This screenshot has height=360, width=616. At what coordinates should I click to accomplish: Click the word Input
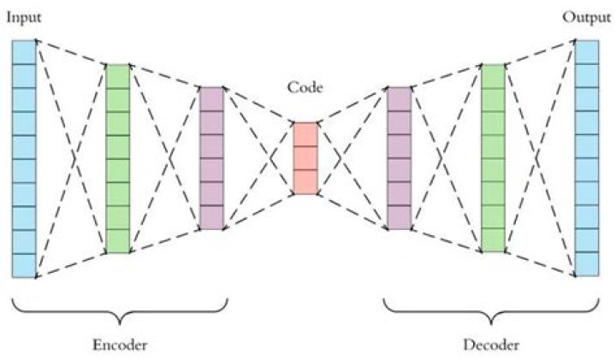(x=24, y=18)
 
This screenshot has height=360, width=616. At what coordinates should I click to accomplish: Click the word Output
(x=586, y=17)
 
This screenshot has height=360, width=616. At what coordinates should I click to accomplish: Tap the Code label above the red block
(x=305, y=86)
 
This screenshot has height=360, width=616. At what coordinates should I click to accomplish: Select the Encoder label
(x=120, y=345)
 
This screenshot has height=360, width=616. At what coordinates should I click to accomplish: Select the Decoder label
(x=491, y=345)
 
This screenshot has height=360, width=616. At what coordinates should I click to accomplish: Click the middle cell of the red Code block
(x=305, y=158)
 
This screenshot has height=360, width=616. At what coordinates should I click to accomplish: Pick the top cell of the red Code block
(x=305, y=134)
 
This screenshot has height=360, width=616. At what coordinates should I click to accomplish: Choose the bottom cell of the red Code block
(x=305, y=182)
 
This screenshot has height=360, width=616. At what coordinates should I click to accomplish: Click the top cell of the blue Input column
(x=24, y=52)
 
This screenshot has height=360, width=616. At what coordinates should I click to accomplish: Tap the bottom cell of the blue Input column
(x=24, y=266)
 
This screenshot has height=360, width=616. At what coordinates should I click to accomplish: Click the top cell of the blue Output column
(x=587, y=52)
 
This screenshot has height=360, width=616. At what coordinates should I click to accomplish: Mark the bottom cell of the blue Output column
(x=587, y=264)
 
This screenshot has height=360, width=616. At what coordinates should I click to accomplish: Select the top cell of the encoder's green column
(x=118, y=77)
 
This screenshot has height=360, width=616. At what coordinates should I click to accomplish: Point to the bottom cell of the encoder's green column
(x=118, y=241)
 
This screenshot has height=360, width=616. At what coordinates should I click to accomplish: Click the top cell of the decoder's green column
(x=493, y=77)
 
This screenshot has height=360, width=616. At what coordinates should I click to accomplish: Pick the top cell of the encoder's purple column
(x=212, y=99)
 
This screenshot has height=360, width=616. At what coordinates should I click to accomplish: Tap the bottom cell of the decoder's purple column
(x=400, y=217)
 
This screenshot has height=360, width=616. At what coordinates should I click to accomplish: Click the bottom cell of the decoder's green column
(x=493, y=240)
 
